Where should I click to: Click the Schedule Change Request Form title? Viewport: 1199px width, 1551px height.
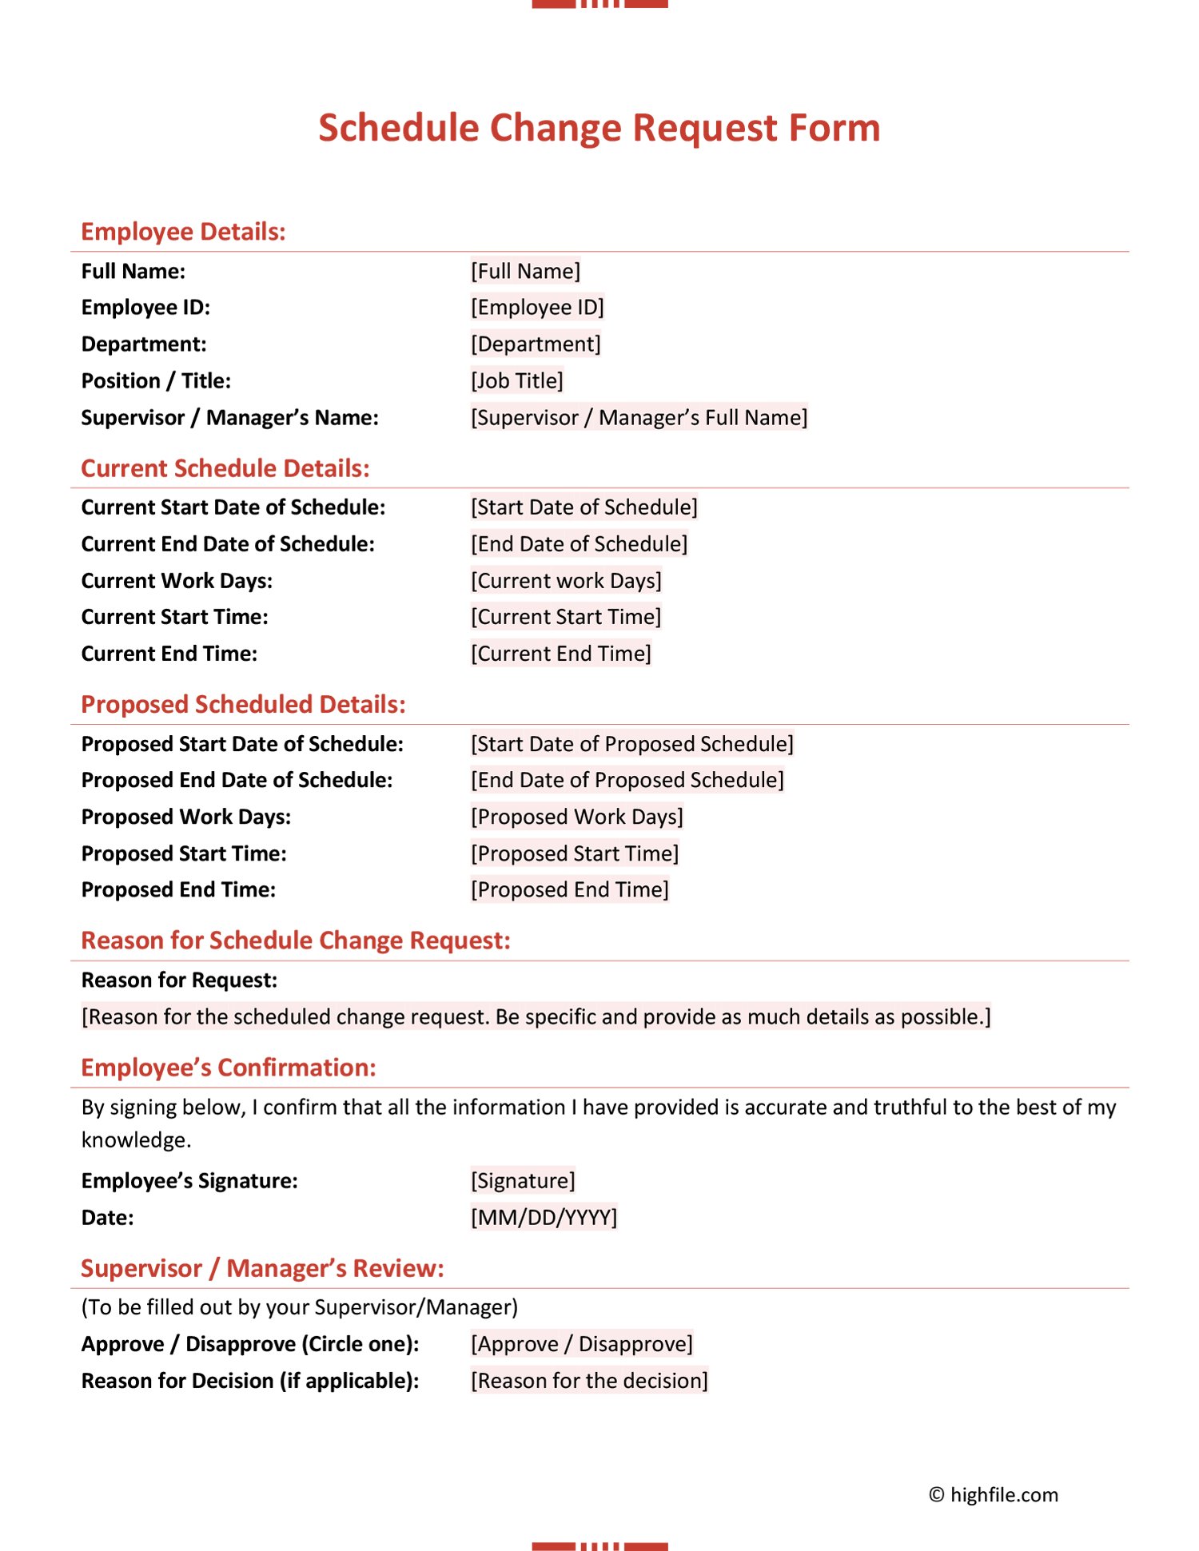[x=599, y=128]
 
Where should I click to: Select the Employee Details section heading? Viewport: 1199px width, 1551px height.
[x=183, y=232]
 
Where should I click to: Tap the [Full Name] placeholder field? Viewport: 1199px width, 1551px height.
[x=525, y=271]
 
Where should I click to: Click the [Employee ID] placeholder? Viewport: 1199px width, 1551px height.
[x=537, y=307]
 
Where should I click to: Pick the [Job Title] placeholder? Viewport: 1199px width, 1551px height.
[x=516, y=380]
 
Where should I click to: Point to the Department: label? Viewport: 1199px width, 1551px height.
[x=144, y=344]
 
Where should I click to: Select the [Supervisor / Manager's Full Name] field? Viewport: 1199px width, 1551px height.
[x=639, y=417]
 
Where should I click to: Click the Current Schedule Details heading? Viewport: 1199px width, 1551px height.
[x=225, y=468]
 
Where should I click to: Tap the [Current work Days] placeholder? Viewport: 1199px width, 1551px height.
[x=566, y=580]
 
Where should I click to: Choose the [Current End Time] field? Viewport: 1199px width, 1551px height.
[x=560, y=654]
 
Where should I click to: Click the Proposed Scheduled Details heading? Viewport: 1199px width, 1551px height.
[x=243, y=704]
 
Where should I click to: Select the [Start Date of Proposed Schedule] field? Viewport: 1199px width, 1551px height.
[x=631, y=744]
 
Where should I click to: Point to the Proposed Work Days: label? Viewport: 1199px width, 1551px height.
[x=186, y=817]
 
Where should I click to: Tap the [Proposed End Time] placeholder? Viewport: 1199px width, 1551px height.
[x=569, y=889]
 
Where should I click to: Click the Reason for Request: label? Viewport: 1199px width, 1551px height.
[x=179, y=980]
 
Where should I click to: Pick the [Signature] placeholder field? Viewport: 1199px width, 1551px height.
[x=523, y=1180]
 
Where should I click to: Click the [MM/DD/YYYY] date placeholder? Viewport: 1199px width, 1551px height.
[x=544, y=1217]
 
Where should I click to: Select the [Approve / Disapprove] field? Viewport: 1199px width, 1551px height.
[x=581, y=1344]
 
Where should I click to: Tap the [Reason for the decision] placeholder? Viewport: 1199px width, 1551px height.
[x=589, y=1381]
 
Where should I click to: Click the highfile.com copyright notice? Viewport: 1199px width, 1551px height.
[x=994, y=1495]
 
